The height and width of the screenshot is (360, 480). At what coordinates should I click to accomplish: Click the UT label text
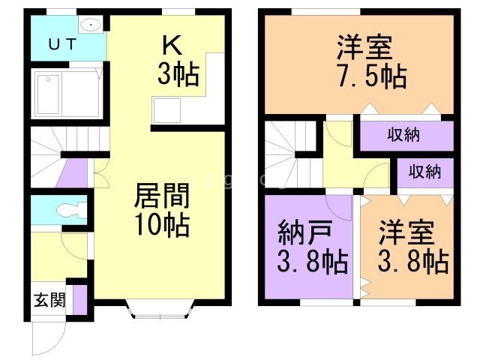click(63, 44)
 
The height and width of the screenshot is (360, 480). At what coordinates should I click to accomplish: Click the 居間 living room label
click(160, 196)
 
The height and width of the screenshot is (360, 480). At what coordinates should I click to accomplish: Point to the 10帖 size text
click(161, 224)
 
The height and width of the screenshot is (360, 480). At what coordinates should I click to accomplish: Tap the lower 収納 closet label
click(424, 171)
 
